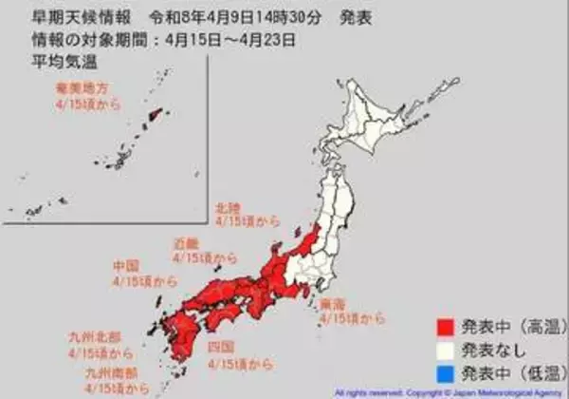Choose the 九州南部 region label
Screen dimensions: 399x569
click(110, 373)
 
